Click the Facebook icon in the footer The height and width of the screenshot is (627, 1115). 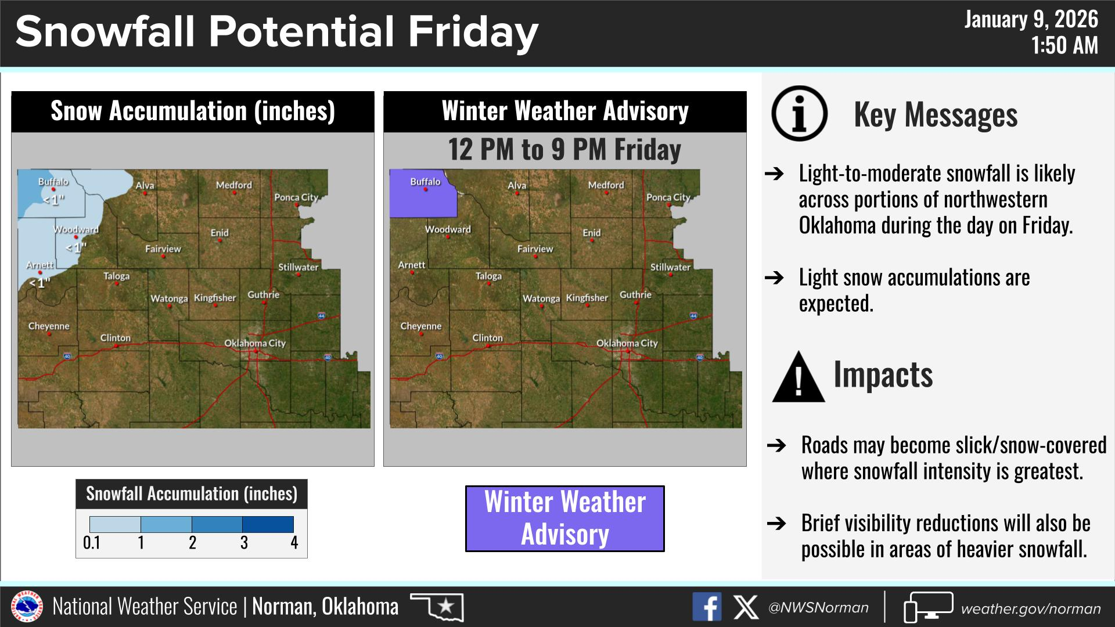[x=707, y=607]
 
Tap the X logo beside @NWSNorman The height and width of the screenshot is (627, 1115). [x=746, y=607]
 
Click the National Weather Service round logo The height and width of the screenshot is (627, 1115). [x=27, y=607]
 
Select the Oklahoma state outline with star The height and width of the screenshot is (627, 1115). [x=437, y=606]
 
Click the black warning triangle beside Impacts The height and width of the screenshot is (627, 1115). [x=799, y=377]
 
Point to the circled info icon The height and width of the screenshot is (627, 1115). [x=800, y=113]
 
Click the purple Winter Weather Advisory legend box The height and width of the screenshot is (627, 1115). [x=564, y=518]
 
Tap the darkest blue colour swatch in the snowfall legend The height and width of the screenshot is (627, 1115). [x=268, y=524]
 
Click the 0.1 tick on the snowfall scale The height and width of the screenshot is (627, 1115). [x=92, y=543]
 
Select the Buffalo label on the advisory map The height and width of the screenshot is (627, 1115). [x=425, y=182]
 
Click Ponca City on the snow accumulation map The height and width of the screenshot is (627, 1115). [x=296, y=197]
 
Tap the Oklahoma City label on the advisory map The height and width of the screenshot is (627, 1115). [x=627, y=343]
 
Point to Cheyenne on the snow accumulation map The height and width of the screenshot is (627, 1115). [x=49, y=326]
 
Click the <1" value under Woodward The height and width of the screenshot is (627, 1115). [x=76, y=248]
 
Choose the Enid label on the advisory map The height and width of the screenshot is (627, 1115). [x=592, y=233]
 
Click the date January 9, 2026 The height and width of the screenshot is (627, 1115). [x=1031, y=20]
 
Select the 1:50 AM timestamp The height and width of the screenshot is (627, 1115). [x=1065, y=45]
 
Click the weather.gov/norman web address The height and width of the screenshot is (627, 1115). [x=1031, y=608]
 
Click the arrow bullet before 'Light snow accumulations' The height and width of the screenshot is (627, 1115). [x=774, y=278]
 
